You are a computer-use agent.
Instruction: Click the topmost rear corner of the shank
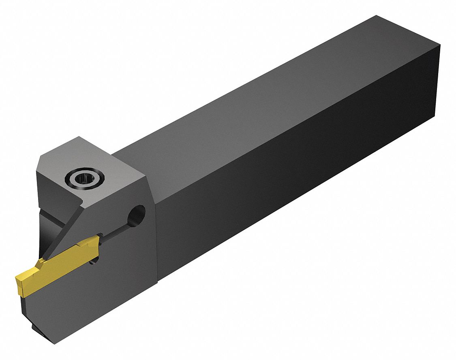(377, 16)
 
